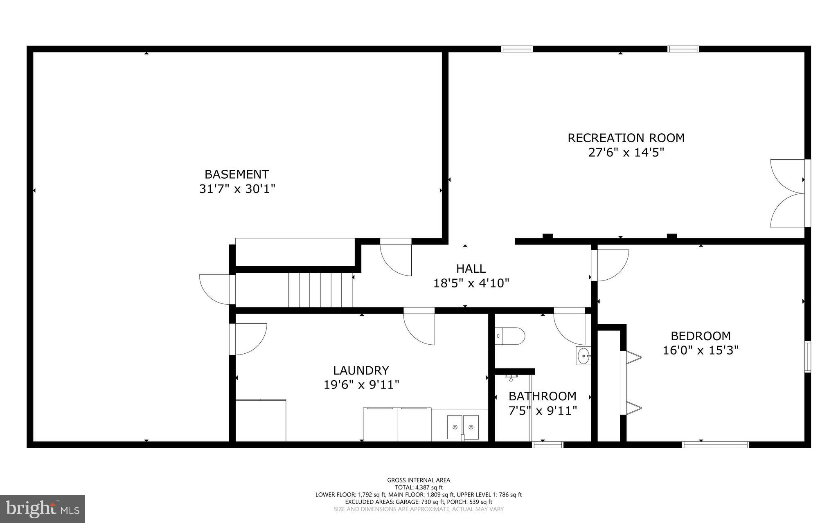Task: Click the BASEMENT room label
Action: coord(237,175)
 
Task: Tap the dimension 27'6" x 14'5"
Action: coord(626,153)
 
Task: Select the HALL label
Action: coord(471,269)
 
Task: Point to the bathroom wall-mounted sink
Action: coord(583,356)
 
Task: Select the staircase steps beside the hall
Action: coord(320,290)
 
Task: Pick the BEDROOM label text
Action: coord(701,336)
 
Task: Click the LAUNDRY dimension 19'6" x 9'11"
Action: coord(361,385)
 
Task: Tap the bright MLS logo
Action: coord(43,509)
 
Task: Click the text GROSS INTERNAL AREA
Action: coord(419,480)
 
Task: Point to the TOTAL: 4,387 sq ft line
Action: coord(419,487)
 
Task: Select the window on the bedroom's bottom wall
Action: coord(716,444)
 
